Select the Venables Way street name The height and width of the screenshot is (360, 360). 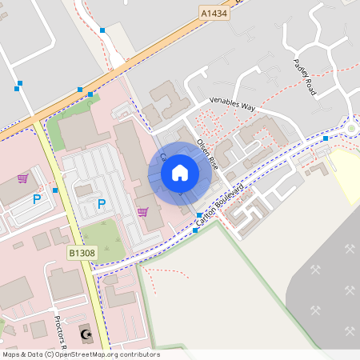[x=231, y=103]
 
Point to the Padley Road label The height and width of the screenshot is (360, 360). [x=306, y=78]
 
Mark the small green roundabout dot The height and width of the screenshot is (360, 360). [x=350, y=128]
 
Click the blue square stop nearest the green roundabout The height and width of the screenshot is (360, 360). [x=326, y=138]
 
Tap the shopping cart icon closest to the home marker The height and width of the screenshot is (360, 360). [x=142, y=212]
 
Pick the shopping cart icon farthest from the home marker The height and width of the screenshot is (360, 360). [x=22, y=178]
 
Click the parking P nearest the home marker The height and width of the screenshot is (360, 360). [x=102, y=204]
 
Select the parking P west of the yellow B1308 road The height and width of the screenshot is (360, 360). [x=36, y=198]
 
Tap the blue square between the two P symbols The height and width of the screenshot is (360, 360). [x=55, y=190]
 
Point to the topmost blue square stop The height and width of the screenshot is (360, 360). [x=102, y=30]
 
